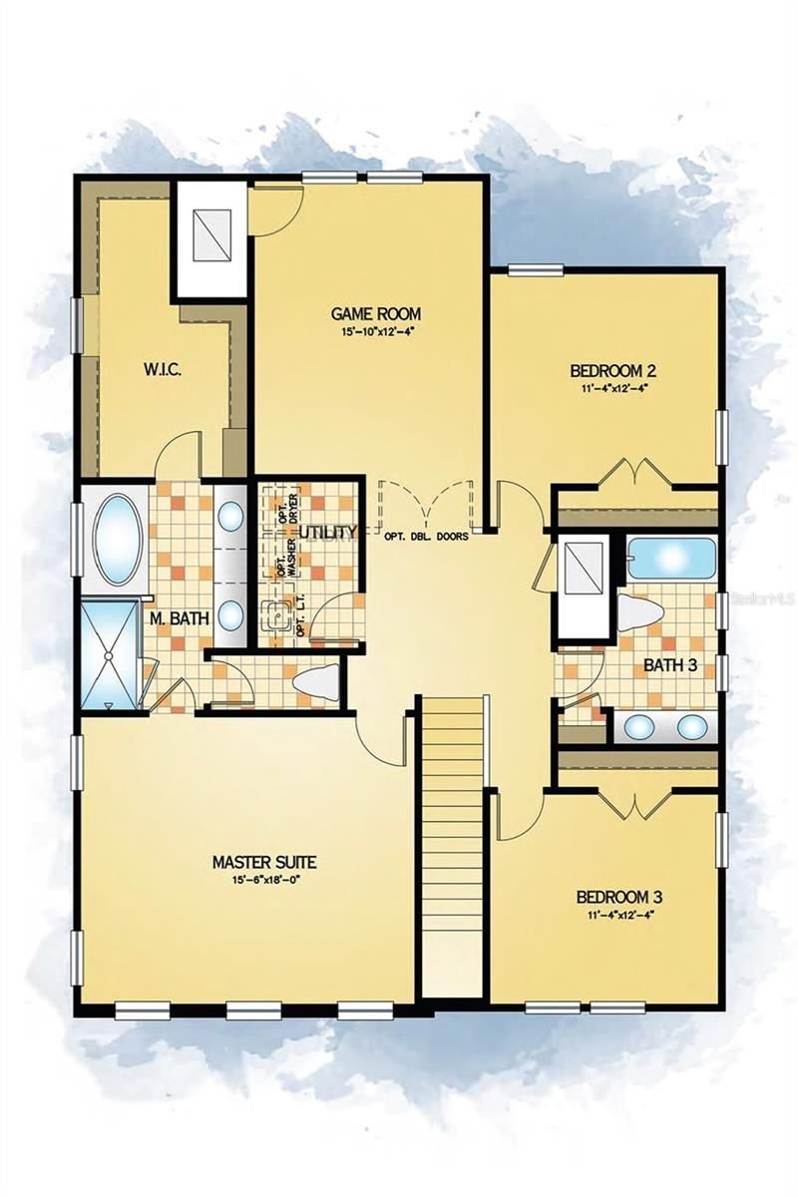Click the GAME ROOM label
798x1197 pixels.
376,313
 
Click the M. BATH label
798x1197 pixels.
180,618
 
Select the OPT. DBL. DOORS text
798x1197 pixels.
426,536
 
